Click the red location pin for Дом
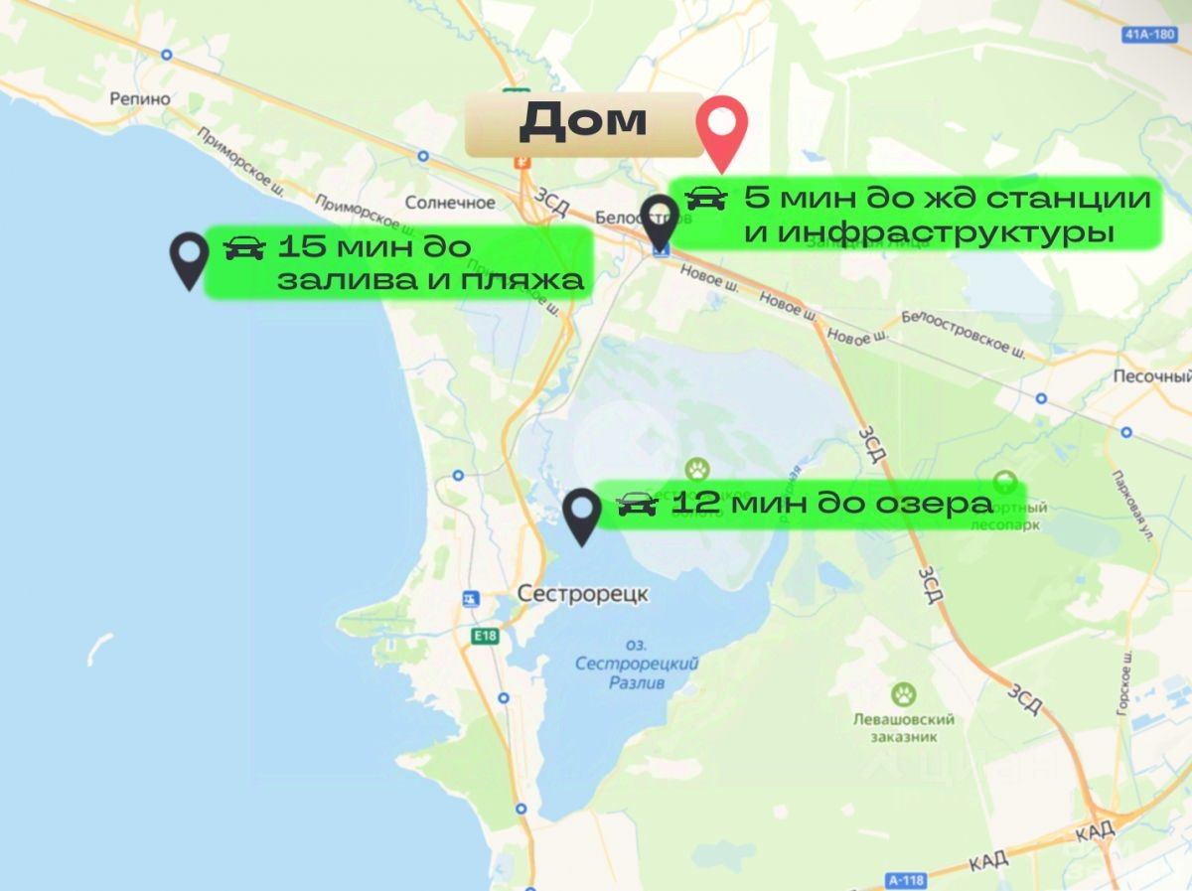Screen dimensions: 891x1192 pos(721,129)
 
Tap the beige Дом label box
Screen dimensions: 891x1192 pos(583,123)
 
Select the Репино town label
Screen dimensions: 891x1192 pos(140,99)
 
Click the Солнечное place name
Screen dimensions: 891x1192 pos(450,203)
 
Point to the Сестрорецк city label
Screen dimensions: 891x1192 pos(582,594)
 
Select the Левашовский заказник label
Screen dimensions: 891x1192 pos(903,728)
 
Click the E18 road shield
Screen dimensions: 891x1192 pos(486,635)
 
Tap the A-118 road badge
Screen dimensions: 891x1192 pos(900,878)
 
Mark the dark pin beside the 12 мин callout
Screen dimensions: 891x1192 pos(581,515)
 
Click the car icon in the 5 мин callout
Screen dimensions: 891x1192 pos(706,198)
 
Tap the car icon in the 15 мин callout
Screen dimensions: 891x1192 pos(244,247)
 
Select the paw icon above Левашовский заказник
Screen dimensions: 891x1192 pos(903,693)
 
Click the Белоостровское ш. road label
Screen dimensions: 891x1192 pos(963,332)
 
